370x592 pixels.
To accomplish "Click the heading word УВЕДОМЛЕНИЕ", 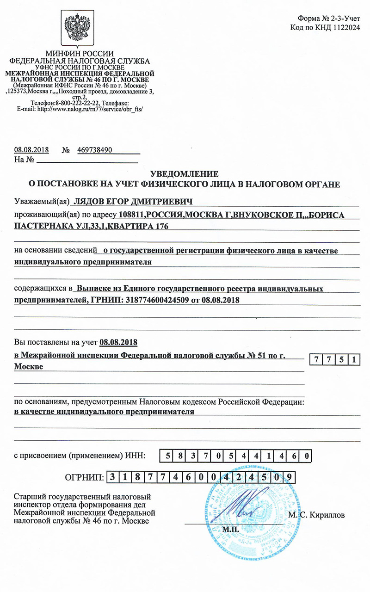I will click(185, 174).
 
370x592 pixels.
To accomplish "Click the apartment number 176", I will click(159, 226).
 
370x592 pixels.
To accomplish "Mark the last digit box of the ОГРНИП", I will click(289, 477).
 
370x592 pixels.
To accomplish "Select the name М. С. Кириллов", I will click(316, 514).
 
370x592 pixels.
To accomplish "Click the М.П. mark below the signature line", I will click(230, 528).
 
